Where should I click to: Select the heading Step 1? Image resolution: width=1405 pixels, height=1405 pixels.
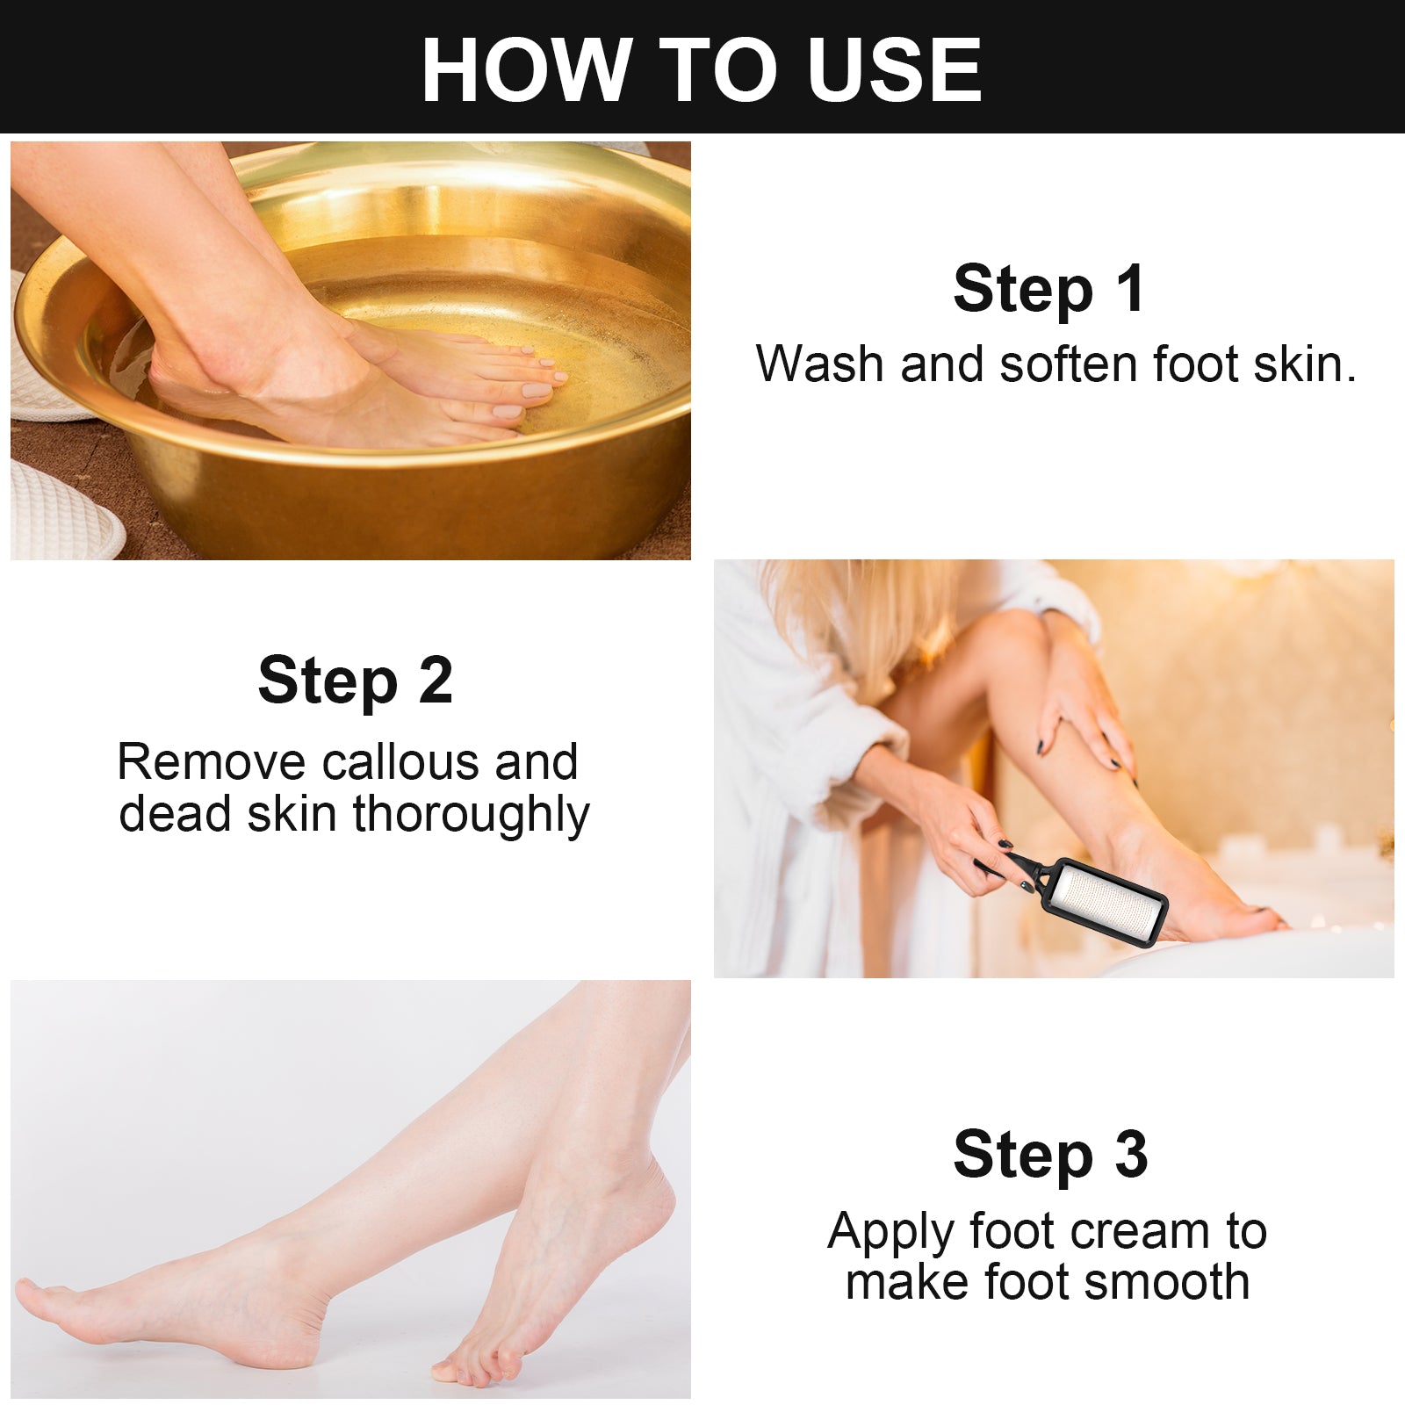1049,289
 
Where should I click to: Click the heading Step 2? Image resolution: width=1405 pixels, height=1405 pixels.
355,681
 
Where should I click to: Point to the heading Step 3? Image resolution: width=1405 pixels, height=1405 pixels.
1050,1155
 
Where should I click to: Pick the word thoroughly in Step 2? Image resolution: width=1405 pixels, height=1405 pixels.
471,816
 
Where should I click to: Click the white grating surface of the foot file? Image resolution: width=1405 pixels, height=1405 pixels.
1106,903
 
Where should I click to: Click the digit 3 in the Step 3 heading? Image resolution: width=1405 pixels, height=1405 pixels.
1132,1155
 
